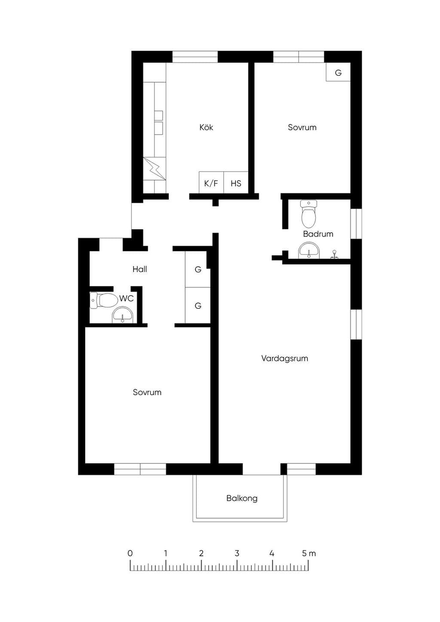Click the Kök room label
click(206, 128)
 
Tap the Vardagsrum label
click(284, 359)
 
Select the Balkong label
click(241, 498)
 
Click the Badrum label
click(318, 234)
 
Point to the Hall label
click(140, 269)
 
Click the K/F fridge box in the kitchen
click(211, 182)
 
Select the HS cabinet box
click(236, 182)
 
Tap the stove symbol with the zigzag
click(154, 169)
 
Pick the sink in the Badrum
click(309, 250)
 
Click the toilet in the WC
click(104, 300)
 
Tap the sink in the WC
click(123, 315)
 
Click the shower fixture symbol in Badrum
click(335, 255)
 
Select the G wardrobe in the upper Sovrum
click(338, 72)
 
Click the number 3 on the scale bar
click(237, 553)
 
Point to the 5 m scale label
click(309, 553)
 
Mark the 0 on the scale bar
click(130, 553)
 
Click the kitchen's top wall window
click(195, 57)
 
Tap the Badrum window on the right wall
click(356, 223)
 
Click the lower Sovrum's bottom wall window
click(140, 469)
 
